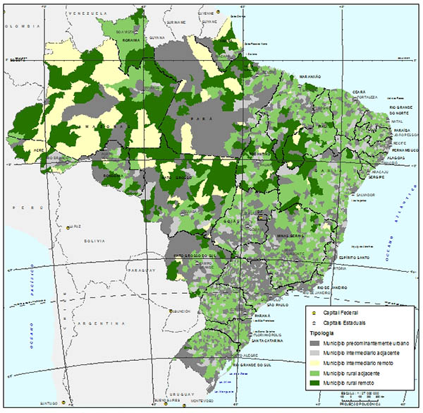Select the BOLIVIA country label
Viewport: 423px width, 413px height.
point(94,241)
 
